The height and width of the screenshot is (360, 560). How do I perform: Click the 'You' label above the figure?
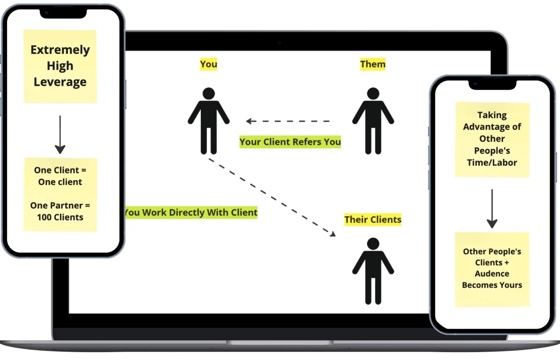(209, 64)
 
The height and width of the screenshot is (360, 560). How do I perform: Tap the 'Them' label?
(373, 64)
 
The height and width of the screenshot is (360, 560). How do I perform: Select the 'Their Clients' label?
(372, 219)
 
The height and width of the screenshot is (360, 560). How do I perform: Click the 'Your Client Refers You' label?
(290, 142)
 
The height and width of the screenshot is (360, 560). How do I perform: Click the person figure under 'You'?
(209, 120)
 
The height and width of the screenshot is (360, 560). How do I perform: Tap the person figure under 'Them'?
(373, 120)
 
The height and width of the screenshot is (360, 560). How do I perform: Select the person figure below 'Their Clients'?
(373, 270)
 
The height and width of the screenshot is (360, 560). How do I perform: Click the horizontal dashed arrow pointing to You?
(288, 121)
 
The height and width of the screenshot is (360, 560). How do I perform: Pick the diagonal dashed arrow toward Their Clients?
(272, 196)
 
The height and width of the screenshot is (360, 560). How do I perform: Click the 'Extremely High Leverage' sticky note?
(60, 66)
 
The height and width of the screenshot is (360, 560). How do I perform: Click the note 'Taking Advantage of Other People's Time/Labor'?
(492, 139)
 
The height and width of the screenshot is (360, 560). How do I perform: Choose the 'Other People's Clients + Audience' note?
(492, 269)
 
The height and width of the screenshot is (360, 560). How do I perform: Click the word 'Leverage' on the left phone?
(60, 82)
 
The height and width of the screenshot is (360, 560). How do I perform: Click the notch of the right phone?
(492, 85)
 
